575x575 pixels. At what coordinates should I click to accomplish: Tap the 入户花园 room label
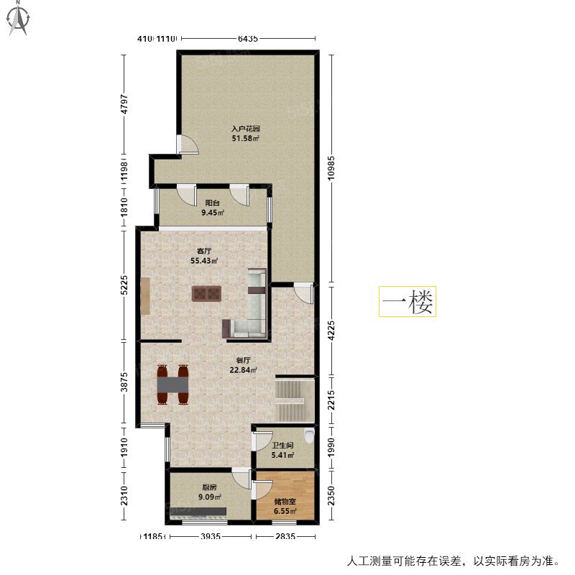pyautogui.click(x=245, y=129)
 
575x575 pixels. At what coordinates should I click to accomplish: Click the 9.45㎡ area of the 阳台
pyautogui.click(x=212, y=212)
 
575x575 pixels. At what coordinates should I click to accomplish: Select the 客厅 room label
pyautogui.click(x=204, y=251)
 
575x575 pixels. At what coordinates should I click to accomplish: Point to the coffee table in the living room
pyautogui.click(x=206, y=294)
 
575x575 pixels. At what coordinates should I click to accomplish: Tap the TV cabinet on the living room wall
pyautogui.click(x=145, y=296)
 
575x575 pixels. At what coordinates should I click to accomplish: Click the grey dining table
pyautogui.click(x=172, y=385)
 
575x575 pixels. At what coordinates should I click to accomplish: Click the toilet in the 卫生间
pyautogui.click(x=310, y=436)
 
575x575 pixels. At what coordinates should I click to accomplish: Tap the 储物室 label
pyautogui.click(x=285, y=501)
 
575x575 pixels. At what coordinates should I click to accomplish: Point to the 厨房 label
pyautogui.click(x=209, y=487)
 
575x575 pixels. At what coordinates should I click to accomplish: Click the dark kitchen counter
pyautogui.click(x=198, y=511)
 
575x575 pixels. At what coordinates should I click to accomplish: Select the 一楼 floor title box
pyautogui.click(x=408, y=301)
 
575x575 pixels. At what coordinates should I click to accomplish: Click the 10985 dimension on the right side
pyautogui.click(x=331, y=168)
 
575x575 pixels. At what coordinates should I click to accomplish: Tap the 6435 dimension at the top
pyautogui.click(x=248, y=38)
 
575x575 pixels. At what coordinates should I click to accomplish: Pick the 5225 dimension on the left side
pyautogui.click(x=124, y=285)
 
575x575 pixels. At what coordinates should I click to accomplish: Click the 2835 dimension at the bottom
pyautogui.click(x=285, y=536)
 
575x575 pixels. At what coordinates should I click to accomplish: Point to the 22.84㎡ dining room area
pyautogui.click(x=243, y=370)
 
